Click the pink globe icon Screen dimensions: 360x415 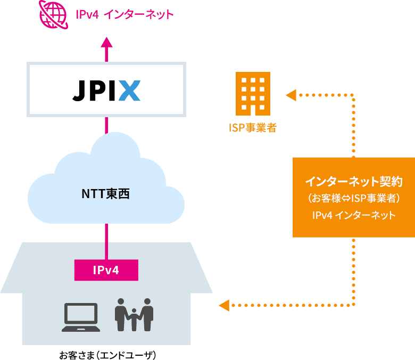54,14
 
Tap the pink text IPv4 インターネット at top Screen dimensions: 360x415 124,14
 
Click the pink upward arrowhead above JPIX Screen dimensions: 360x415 107,43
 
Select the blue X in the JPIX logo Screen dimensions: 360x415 129,90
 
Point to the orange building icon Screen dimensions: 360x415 253,94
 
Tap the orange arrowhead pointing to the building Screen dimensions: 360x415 291,95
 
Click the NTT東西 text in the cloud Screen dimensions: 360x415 106,194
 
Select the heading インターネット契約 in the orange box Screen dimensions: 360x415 353,182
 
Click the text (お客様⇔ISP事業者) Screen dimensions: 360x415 353,199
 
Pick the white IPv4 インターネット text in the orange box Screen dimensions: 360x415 353,216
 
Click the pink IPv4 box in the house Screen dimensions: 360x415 106,270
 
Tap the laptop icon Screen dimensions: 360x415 80,318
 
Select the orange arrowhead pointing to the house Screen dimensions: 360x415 224,306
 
